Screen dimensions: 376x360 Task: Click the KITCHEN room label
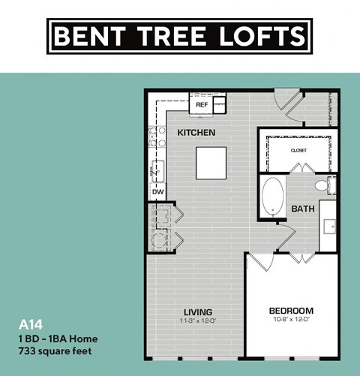pos(196,133)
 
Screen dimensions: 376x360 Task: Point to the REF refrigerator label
pos(201,106)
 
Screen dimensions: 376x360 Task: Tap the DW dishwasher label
pos(157,192)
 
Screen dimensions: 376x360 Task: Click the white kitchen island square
pos(211,162)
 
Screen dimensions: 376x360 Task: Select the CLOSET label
pos(298,150)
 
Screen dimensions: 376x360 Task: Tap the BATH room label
pos(303,209)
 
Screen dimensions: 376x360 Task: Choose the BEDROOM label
pos(291,311)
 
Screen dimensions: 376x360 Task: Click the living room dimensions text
pos(198,320)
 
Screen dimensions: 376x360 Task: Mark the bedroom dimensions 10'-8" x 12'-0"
pos(291,320)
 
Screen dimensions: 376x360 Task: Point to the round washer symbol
pos(159,241)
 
